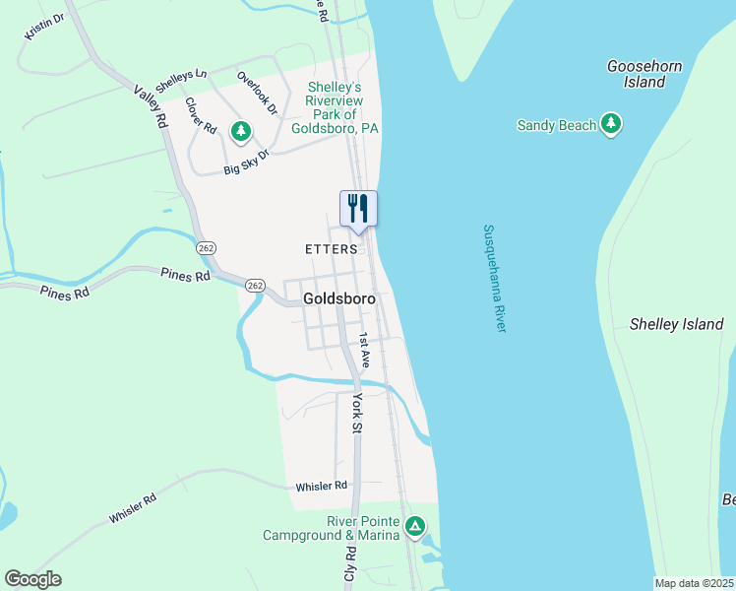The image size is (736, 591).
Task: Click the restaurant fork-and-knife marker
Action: point(358,209)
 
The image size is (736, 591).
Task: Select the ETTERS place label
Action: point(330,249)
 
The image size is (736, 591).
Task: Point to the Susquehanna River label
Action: point(494,278)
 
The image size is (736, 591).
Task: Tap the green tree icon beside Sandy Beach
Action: point(612,124)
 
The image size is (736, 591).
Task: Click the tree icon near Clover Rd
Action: point(240,130)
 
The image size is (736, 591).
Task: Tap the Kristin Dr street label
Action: point(44,28)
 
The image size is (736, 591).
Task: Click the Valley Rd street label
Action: point(151,106)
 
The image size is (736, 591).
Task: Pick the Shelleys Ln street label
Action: point(182,82)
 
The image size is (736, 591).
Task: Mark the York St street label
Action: point(357,413)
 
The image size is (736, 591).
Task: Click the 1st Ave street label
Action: point(363,350)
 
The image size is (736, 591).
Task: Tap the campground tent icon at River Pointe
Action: point(416,527)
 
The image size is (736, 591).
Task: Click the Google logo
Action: point(32,578)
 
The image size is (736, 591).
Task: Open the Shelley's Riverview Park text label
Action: point(336,108)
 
